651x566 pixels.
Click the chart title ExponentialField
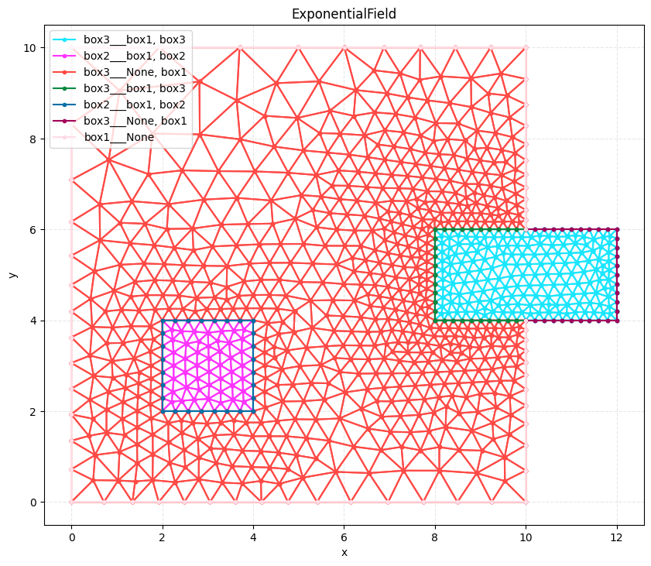(344, 14)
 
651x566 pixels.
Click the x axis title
(344, 552)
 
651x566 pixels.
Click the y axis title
(13, 275)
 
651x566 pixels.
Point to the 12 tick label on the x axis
(617, 538)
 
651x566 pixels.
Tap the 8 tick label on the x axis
(435, 538)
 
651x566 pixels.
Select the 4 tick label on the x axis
(253, 538)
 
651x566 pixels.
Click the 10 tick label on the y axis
(29, 48)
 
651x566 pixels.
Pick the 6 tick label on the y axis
(33, 230)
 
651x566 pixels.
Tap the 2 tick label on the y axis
(33, 411)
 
